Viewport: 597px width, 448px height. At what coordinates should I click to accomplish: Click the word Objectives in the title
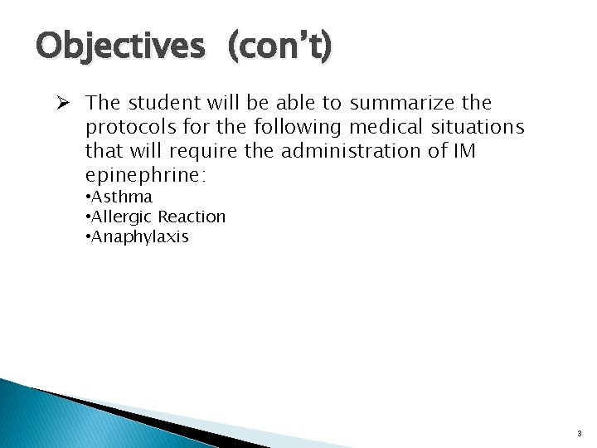[119, 46]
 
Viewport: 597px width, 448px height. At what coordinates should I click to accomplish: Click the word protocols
[124, 128]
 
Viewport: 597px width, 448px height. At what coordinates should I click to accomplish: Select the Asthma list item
[121, 197]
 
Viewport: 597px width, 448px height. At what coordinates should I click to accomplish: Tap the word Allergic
[122, 217]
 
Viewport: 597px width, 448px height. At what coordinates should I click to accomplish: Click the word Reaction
[192, 217]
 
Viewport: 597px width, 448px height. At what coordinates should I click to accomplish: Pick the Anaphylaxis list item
[140, 236]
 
